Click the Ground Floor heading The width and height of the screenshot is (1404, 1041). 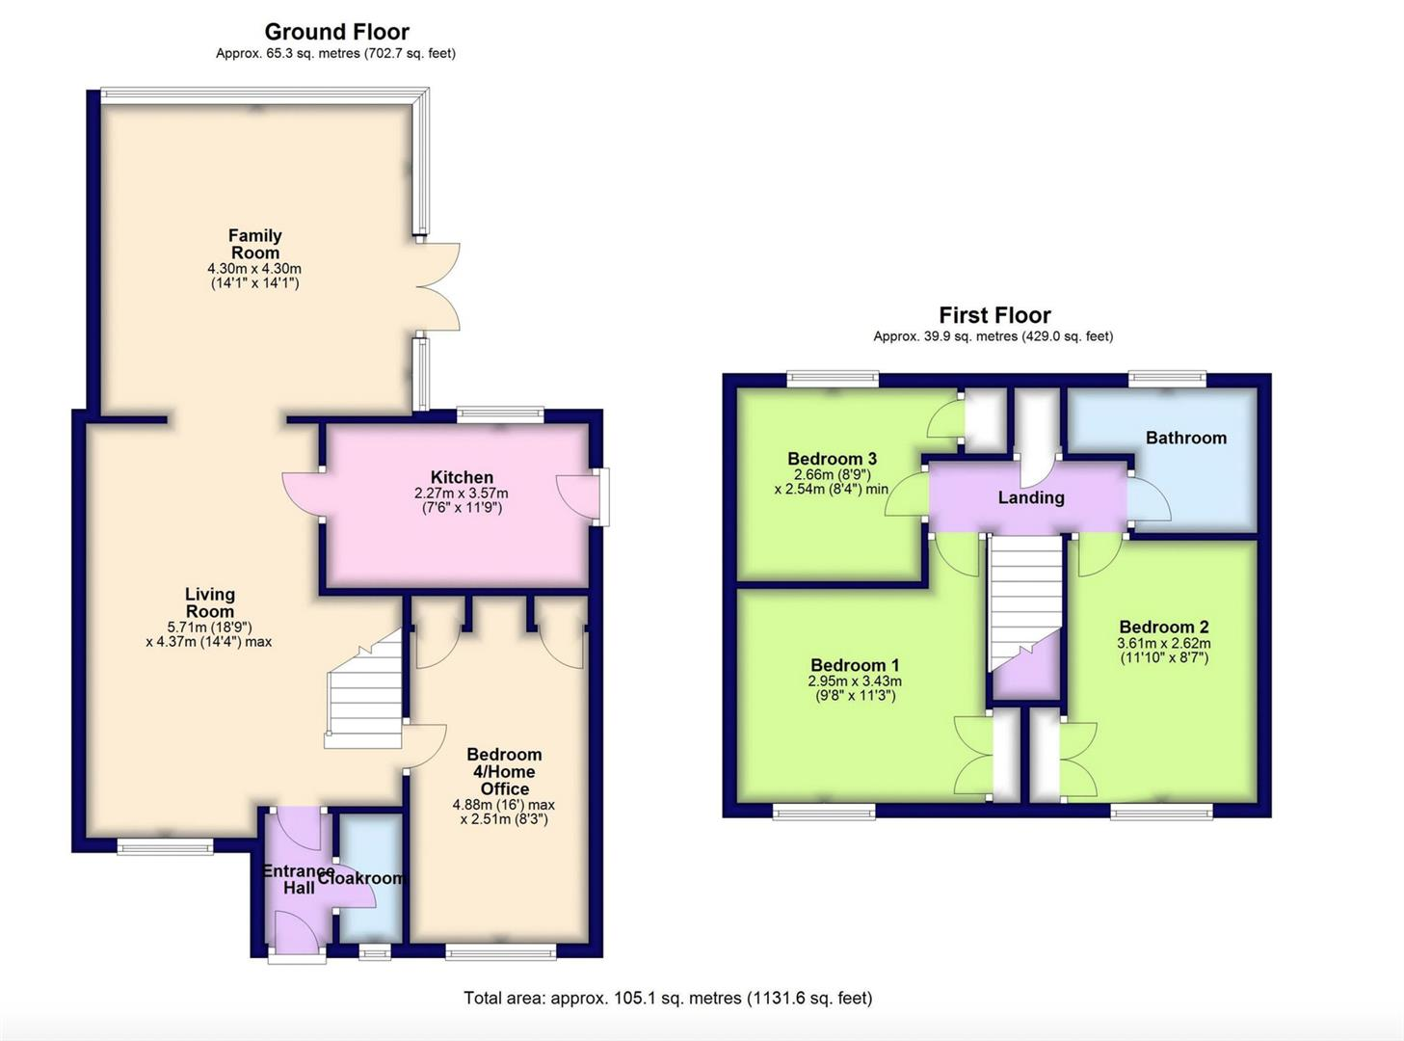pos(336,32)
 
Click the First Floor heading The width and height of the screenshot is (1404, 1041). pos(994,315)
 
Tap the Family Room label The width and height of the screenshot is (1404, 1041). pos(254,244)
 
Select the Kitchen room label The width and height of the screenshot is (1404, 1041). pos(462,477)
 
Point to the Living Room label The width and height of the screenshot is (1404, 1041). pos(209,602)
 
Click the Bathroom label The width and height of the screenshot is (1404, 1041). pos(1185,438)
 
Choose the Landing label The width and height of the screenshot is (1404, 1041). pos(1030,497)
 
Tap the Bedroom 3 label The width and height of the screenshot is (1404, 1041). pos(832,459)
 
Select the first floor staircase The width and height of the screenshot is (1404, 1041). pos(1024,598)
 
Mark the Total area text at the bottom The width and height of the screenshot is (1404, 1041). pos(667,999)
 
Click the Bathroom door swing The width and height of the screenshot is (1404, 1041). pos(1149,499)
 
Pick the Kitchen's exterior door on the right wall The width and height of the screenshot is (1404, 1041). pos(578,497)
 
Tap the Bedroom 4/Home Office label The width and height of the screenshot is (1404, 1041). pos(504,771)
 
